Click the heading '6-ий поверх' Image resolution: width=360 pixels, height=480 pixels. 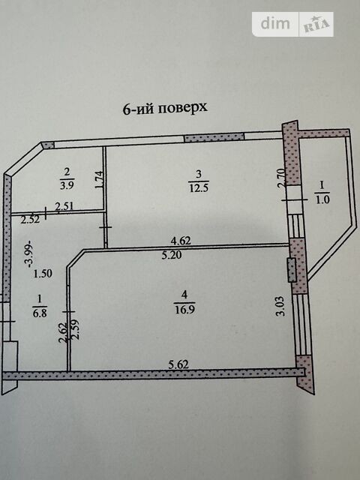165,108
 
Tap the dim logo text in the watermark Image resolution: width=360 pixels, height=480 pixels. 275,23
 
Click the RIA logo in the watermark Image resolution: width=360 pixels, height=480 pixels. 316,25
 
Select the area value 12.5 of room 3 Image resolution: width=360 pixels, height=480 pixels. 199,187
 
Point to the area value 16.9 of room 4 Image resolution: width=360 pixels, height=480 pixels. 184,309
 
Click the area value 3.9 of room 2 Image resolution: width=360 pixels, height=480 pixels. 67,185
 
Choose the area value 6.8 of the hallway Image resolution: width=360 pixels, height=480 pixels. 40,313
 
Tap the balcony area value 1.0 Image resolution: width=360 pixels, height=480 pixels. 322,199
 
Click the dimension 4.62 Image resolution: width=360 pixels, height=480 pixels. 181,241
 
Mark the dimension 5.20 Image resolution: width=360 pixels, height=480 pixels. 172,255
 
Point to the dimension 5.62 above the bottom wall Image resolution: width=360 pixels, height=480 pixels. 178,364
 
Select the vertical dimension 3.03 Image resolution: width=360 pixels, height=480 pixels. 281,306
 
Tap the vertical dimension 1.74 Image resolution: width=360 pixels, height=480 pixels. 100,180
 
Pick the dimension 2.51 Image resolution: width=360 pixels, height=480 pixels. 64,206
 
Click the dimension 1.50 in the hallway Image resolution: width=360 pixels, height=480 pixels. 43,274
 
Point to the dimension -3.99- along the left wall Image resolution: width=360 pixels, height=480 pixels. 30,253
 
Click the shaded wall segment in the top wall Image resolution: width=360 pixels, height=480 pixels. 214,137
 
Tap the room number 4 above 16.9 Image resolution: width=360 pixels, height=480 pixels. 184,295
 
